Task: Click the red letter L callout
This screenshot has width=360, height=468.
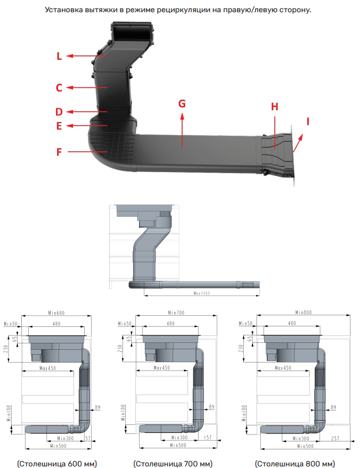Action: point(60,56)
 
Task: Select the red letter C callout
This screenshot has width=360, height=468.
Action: point(60,88)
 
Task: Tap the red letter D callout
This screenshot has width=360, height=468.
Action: point(59,112)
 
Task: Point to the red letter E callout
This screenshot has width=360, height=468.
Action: point(59,126)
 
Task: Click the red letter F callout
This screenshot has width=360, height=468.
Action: point(60,152)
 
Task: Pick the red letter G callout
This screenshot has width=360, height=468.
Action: point(182,103)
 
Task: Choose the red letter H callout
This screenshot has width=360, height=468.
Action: point(275,106)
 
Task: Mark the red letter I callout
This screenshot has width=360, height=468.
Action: point(307,121)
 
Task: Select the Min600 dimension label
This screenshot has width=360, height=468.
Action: point(56,313)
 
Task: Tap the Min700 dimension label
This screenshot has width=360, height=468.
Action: point(176,313)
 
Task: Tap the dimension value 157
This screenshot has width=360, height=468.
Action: point(208,438)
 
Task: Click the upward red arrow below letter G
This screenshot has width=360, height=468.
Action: point(182,128)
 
